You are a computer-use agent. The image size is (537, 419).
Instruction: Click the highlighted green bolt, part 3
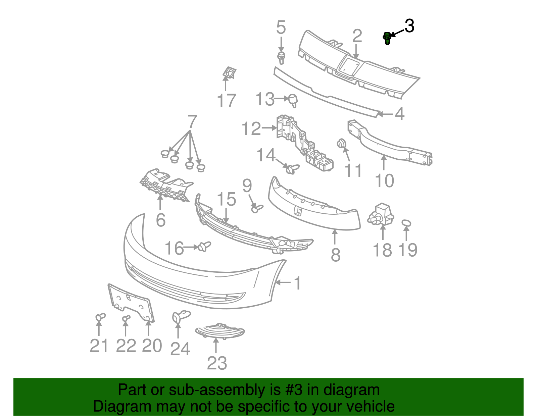coord(387,38)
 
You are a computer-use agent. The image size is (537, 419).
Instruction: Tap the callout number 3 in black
coord(409,26)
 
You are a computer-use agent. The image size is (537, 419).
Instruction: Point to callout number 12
coord(251,128)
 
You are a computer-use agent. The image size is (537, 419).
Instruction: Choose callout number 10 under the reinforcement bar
coord(384,181)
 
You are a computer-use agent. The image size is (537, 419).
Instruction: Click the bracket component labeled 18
coord(382,214)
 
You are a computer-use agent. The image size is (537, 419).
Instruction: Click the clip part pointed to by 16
coord(204,247)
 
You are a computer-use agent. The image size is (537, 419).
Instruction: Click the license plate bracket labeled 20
coord(132,302)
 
